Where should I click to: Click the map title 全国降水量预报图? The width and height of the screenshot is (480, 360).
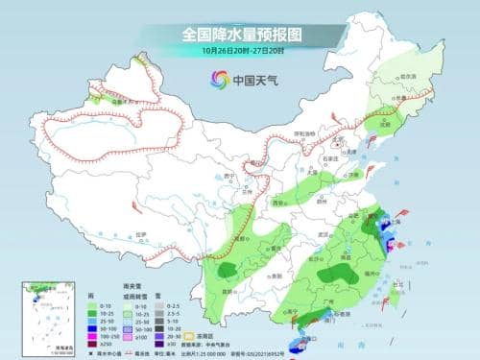click(x=239, y=34)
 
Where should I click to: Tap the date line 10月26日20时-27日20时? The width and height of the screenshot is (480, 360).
click(x=239, y=51)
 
